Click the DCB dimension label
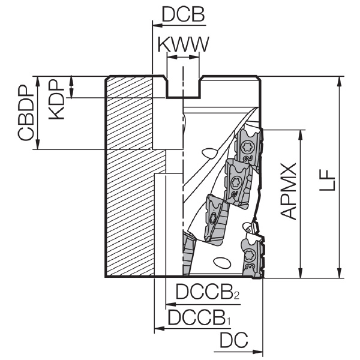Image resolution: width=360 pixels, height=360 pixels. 183,14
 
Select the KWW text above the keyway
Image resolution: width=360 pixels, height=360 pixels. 183,44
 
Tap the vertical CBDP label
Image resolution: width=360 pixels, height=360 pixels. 26,113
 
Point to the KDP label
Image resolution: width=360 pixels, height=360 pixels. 56,100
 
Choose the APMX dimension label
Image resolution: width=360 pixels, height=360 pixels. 289,191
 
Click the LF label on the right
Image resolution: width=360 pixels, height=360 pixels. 327,180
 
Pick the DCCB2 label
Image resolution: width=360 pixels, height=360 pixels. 208,292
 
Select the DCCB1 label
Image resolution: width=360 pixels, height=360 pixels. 199,317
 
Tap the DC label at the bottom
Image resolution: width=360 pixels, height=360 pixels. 234,340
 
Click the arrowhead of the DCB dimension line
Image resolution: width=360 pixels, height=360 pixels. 157,25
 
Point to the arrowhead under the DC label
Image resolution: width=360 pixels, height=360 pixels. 257,351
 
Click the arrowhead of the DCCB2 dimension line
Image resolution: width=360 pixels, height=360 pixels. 170,305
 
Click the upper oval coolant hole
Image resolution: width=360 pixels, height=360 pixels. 209,153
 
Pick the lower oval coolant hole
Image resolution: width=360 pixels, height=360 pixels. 222,262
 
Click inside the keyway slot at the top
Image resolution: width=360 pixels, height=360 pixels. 183,87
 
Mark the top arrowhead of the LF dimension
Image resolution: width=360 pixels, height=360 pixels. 339,82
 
